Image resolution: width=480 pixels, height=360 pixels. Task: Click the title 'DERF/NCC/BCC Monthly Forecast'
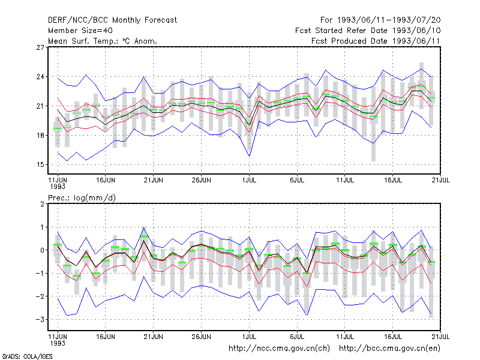pyautogui.click(x=112, y=20)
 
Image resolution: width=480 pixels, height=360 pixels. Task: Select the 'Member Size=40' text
pyautogui.click(x=80, y=31)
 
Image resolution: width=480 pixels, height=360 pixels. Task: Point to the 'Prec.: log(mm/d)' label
pyautogui.click(x=82, y=198)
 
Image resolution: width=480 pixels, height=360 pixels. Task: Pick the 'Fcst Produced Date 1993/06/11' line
pyautogui.click(x=376, y=41)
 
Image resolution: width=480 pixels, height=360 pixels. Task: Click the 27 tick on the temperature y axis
pyautogui.click(x=40, y=47)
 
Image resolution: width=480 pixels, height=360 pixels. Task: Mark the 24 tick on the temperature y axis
pyautogui.click(x=40, y=77)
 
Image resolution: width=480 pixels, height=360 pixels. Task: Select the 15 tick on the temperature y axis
pyautogui.click(x=40, y=164)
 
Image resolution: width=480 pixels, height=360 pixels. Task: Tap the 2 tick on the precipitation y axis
pyautogui.click(x=42, y=204)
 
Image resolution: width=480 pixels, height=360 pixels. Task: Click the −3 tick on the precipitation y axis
pyautogui.click(x=40, y=320)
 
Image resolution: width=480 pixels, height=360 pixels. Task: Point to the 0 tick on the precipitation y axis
pyautogui.click(x=42, y=250)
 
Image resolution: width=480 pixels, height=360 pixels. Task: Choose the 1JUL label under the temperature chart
pyautogui.click(x=249, y=181)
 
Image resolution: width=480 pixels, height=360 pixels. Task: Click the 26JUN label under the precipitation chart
pyautogui.click(x=201, y=337)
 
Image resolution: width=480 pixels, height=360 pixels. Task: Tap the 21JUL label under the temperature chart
pyautogui.click(x=440, y=181)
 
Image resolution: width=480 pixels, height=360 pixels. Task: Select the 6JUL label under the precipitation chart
pyautogui.click(x=297, y=337)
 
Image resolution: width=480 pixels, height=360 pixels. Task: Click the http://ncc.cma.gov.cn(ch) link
pyautogui.click(x=279, y=349)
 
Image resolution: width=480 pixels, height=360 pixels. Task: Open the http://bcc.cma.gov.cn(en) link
pyautogui.click(x=389, y=349)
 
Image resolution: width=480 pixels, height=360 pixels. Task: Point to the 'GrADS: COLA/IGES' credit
pyautogui.click(x=27, y=356)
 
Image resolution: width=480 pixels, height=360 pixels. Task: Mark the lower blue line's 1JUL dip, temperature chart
pyautogui.click(x=250, y=156)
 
